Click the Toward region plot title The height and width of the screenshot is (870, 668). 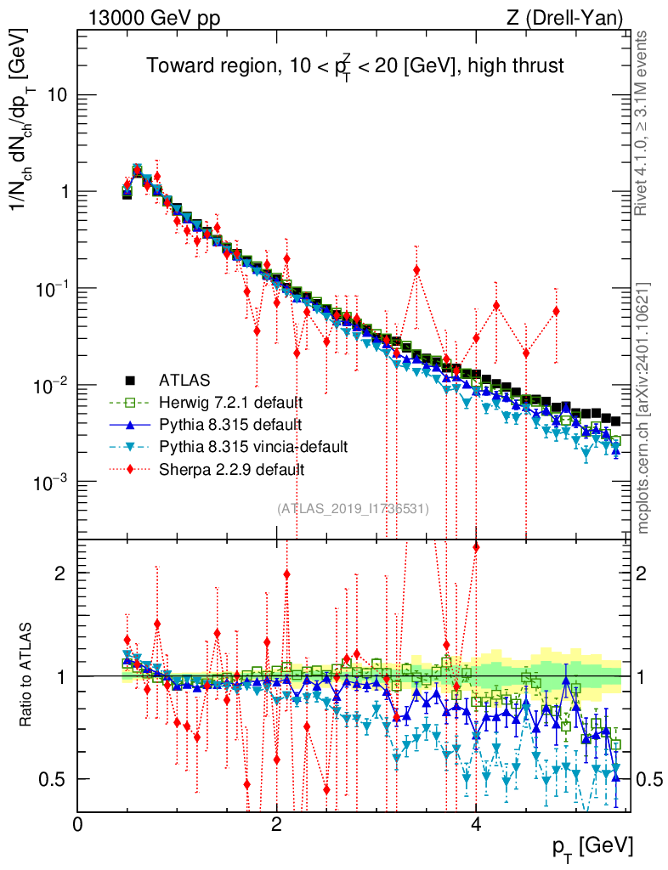pos(354,66)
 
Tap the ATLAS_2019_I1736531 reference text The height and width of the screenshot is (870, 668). pos(353,508)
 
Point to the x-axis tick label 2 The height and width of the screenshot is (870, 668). pos(276,824)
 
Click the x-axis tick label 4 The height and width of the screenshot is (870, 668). pos(475,824)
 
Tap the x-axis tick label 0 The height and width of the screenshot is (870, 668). pos(77,824)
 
